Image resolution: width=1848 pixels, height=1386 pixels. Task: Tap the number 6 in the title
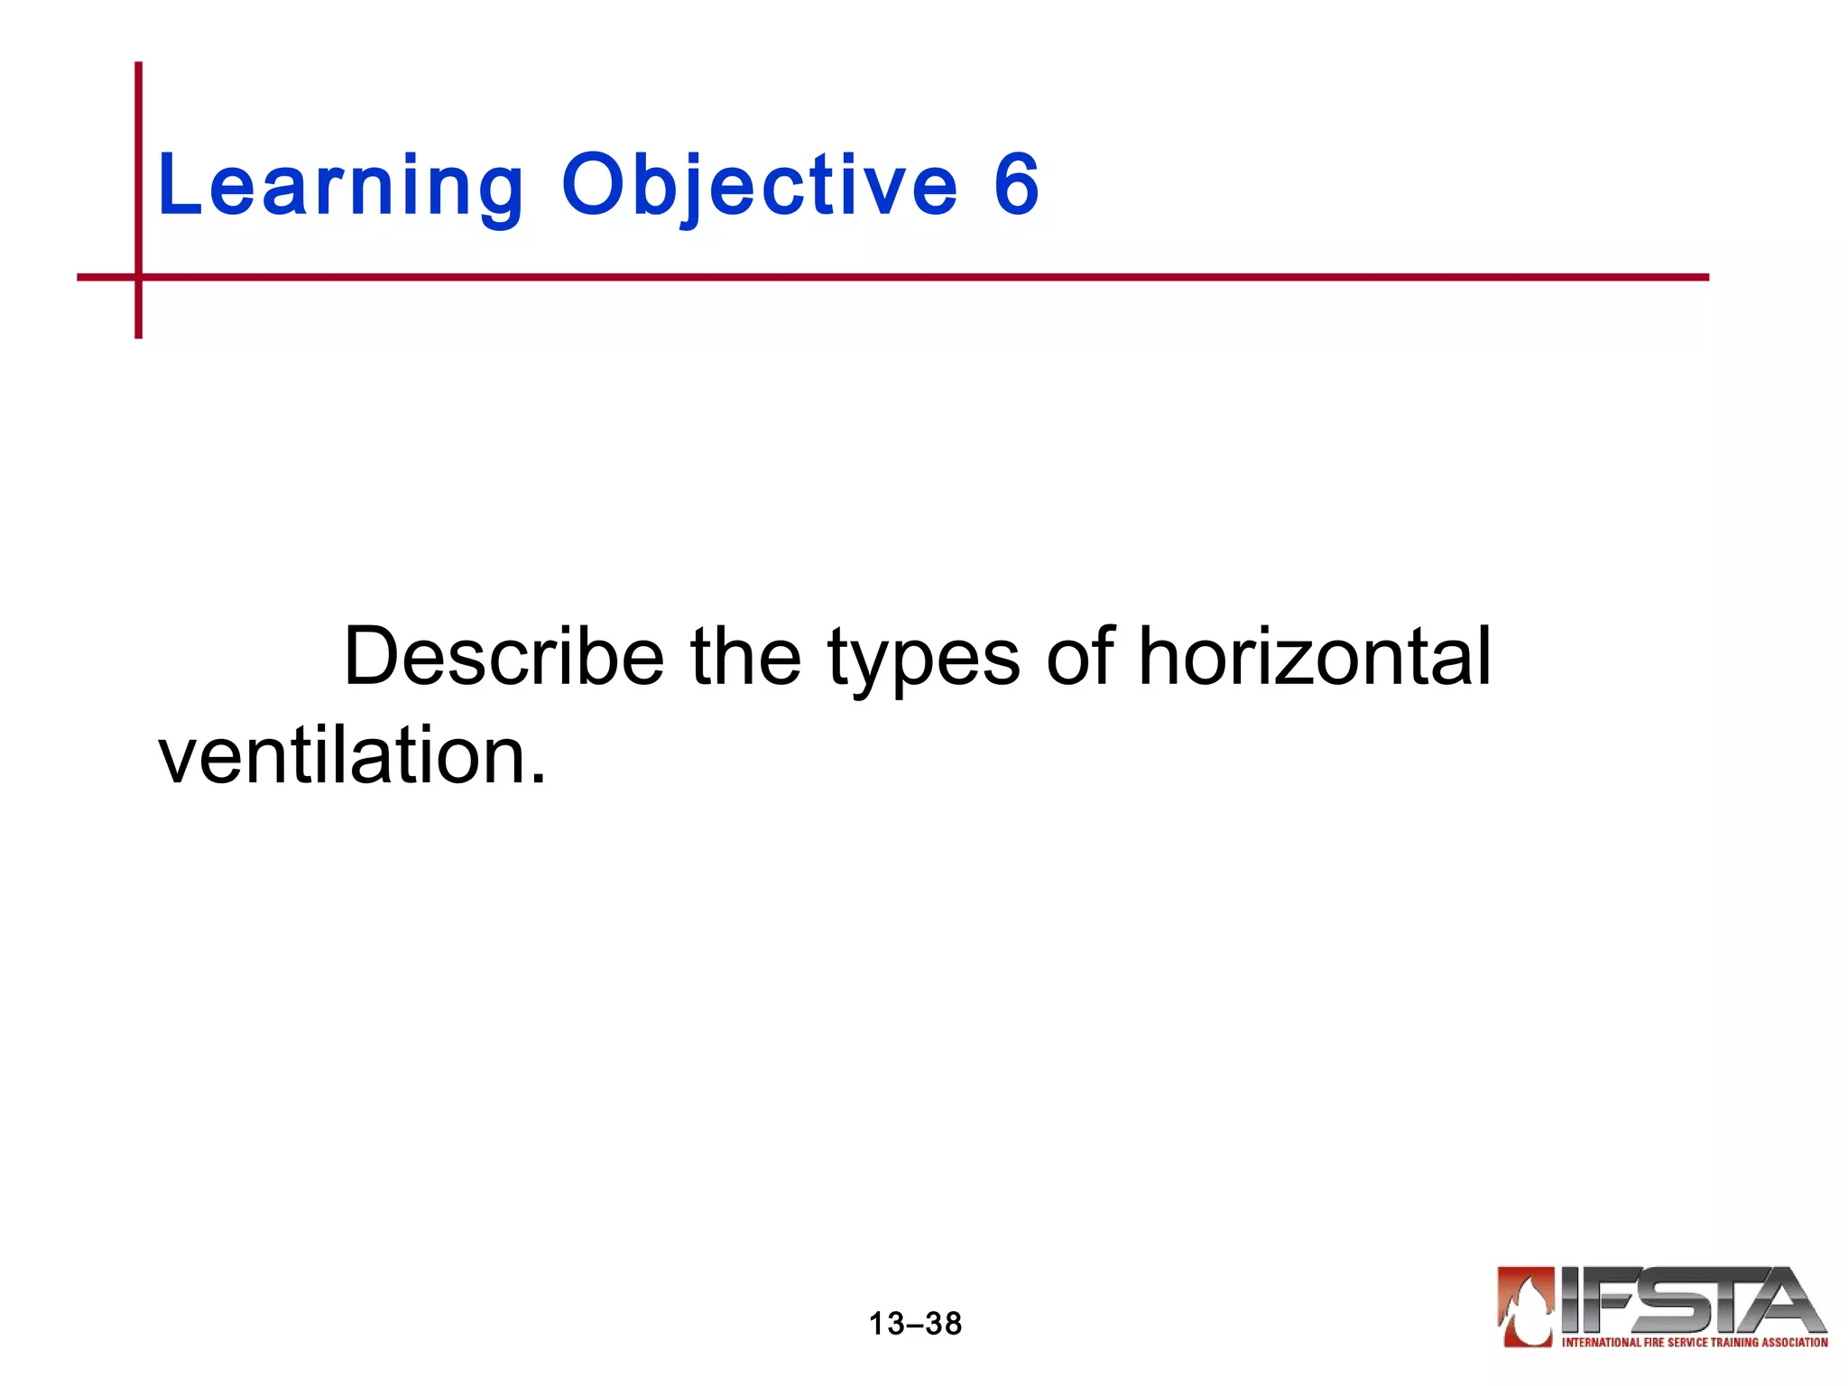1017,185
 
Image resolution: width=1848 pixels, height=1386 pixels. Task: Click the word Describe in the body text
504,657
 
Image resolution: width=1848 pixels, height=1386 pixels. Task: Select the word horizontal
1314,657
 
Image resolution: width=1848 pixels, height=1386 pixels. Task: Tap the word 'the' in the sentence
745,657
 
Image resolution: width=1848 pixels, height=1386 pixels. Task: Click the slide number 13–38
915,1324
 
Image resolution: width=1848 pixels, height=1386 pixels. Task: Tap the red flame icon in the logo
1526,1307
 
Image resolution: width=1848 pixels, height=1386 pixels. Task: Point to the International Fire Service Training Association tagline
1695,1342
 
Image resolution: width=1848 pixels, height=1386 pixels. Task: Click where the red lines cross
138,277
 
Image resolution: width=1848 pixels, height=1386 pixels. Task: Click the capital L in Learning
177,185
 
